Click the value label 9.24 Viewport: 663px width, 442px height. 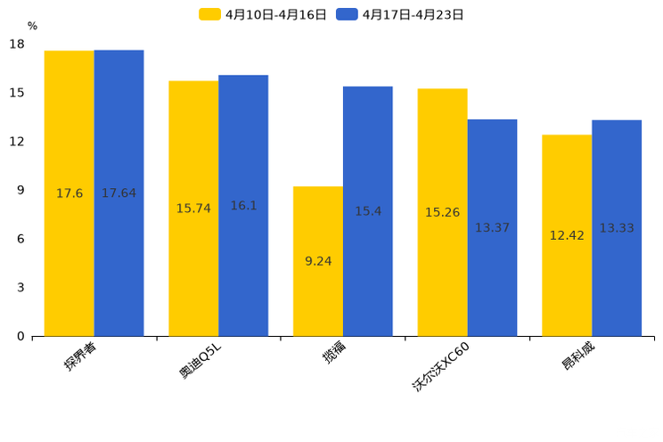pos(318,261)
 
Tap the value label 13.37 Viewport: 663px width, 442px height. pos(492,228)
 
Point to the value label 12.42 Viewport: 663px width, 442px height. pos(567,236)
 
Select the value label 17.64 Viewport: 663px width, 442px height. pos(119,193)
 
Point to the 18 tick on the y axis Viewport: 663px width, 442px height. pos(17,45)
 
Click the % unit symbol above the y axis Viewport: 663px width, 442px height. pos(32,27)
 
